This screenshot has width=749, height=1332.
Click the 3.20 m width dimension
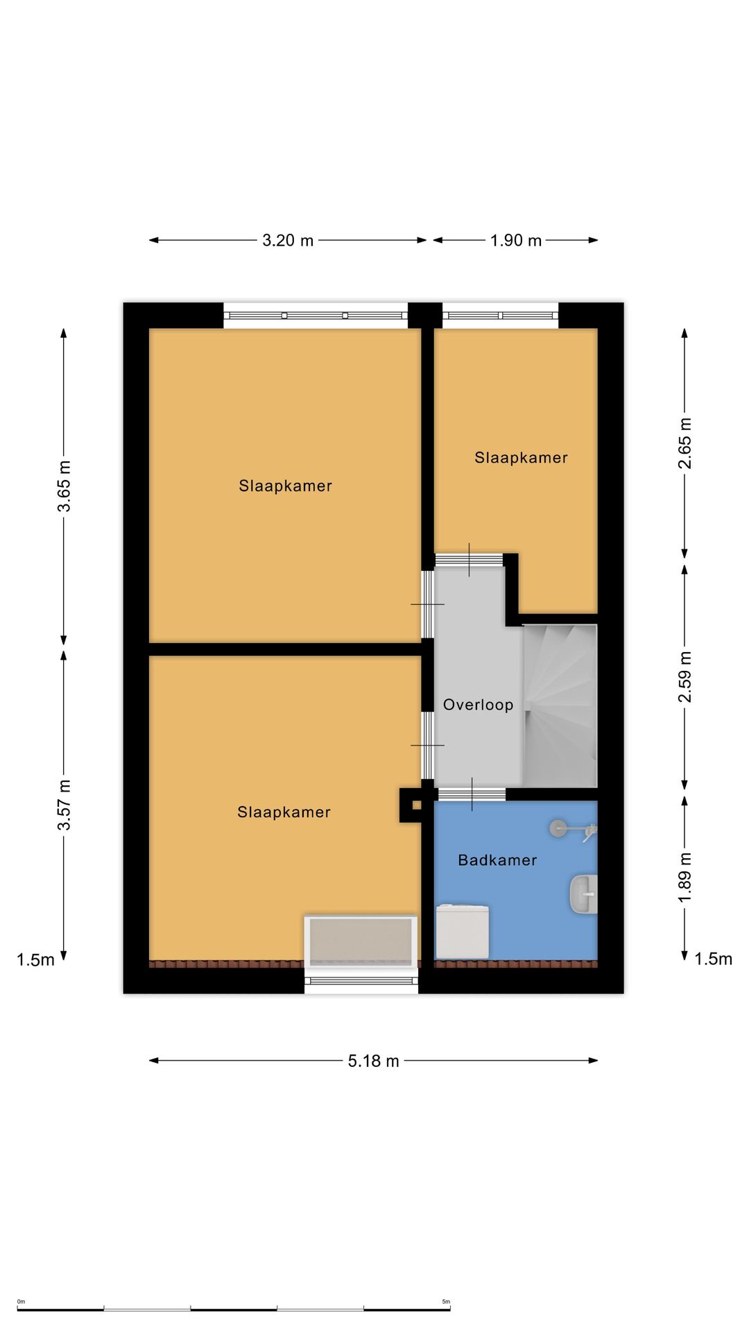pos(288,241)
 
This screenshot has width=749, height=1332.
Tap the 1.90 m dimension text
pos(516,241)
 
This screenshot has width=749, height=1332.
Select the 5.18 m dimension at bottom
pos(374,1061)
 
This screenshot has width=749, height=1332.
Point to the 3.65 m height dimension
pos(64,486)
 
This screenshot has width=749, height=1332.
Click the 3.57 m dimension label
pos(64,805)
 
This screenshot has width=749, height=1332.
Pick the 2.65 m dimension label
pos(685,443)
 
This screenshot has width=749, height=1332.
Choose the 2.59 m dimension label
pos(685,676)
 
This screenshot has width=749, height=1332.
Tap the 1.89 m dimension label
pos(685,878)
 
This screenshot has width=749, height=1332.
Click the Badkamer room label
pos(497,860)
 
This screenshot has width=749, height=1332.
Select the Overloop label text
pos(478,705)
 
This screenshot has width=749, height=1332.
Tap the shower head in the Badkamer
pos(558,828)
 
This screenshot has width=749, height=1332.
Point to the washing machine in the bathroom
pos(462,931)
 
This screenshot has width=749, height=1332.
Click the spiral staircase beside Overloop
pos(560,706)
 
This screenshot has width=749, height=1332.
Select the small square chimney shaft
pos(417,805)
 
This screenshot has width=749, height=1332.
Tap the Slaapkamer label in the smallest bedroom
pos(521,458)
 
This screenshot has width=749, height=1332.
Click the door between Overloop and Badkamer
pos(471,794)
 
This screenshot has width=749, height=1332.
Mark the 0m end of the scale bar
pos(18,1310)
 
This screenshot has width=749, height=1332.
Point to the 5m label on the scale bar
pos(446,1301)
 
